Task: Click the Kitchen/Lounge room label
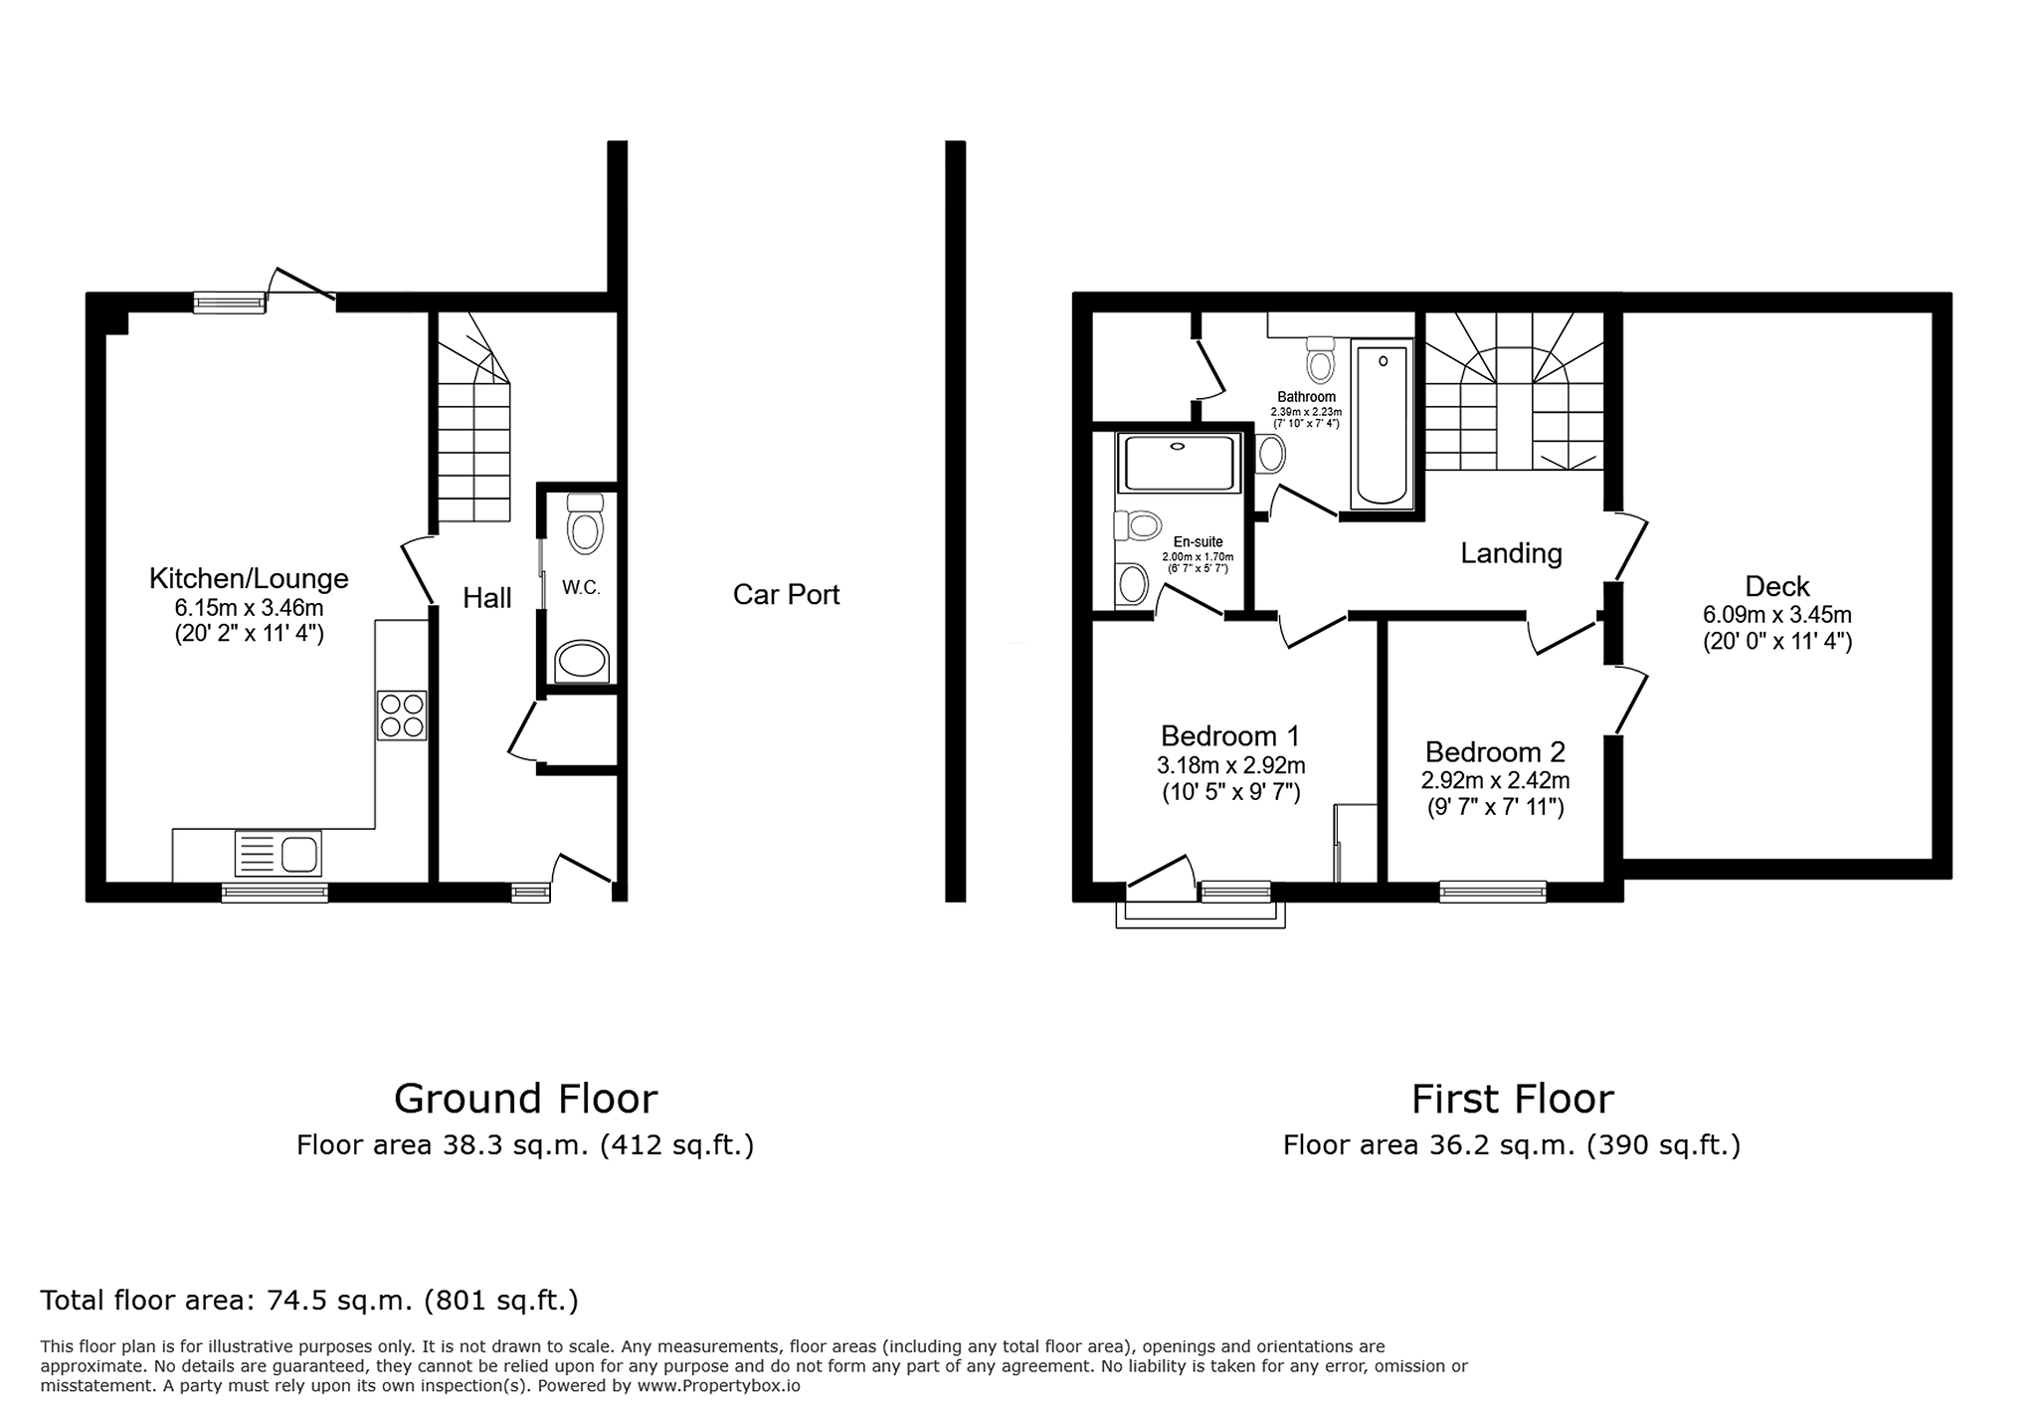tap(249, 578)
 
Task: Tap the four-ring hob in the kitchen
tap(402, 715)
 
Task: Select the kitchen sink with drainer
tap(278, 854)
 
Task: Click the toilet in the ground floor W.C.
tap(585, 523)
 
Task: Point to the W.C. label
tap(581, 588)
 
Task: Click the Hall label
tap(487, 598)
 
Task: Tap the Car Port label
tap(787, 595)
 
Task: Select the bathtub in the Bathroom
tap(1382, 425)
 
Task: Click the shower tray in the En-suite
tap(1179, 463)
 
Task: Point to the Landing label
tap(1511, 553)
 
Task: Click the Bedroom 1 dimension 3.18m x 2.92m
tap(1230, 766)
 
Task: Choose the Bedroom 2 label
tap(1495, 752)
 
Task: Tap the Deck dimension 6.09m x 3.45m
tap(1776, 616)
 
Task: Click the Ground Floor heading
tap(525, 1100)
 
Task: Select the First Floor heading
tap(1512, 1100)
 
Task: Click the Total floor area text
tap(309, 1301)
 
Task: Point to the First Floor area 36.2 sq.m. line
tap(1512, 1146)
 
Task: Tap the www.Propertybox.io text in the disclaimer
tap(718, 1385)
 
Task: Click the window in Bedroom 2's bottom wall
tap(1493, 892)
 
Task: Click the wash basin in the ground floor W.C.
tap(582, 662)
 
